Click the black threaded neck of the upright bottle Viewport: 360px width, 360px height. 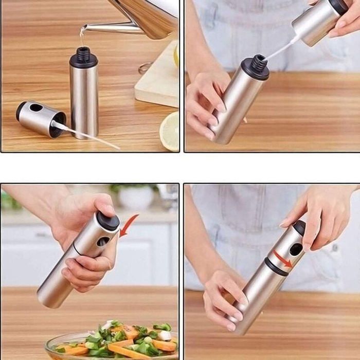tap(83, 56)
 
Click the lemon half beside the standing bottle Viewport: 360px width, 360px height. tap(170, 131)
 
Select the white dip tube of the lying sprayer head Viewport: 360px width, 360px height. tap(87, 135)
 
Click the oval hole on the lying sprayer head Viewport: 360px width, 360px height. tap(36, 108)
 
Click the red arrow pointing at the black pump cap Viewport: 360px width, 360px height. tap(128, 225)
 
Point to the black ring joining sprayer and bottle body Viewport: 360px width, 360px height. tap(277, 266)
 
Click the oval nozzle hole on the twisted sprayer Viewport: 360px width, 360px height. tap(296, 249)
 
